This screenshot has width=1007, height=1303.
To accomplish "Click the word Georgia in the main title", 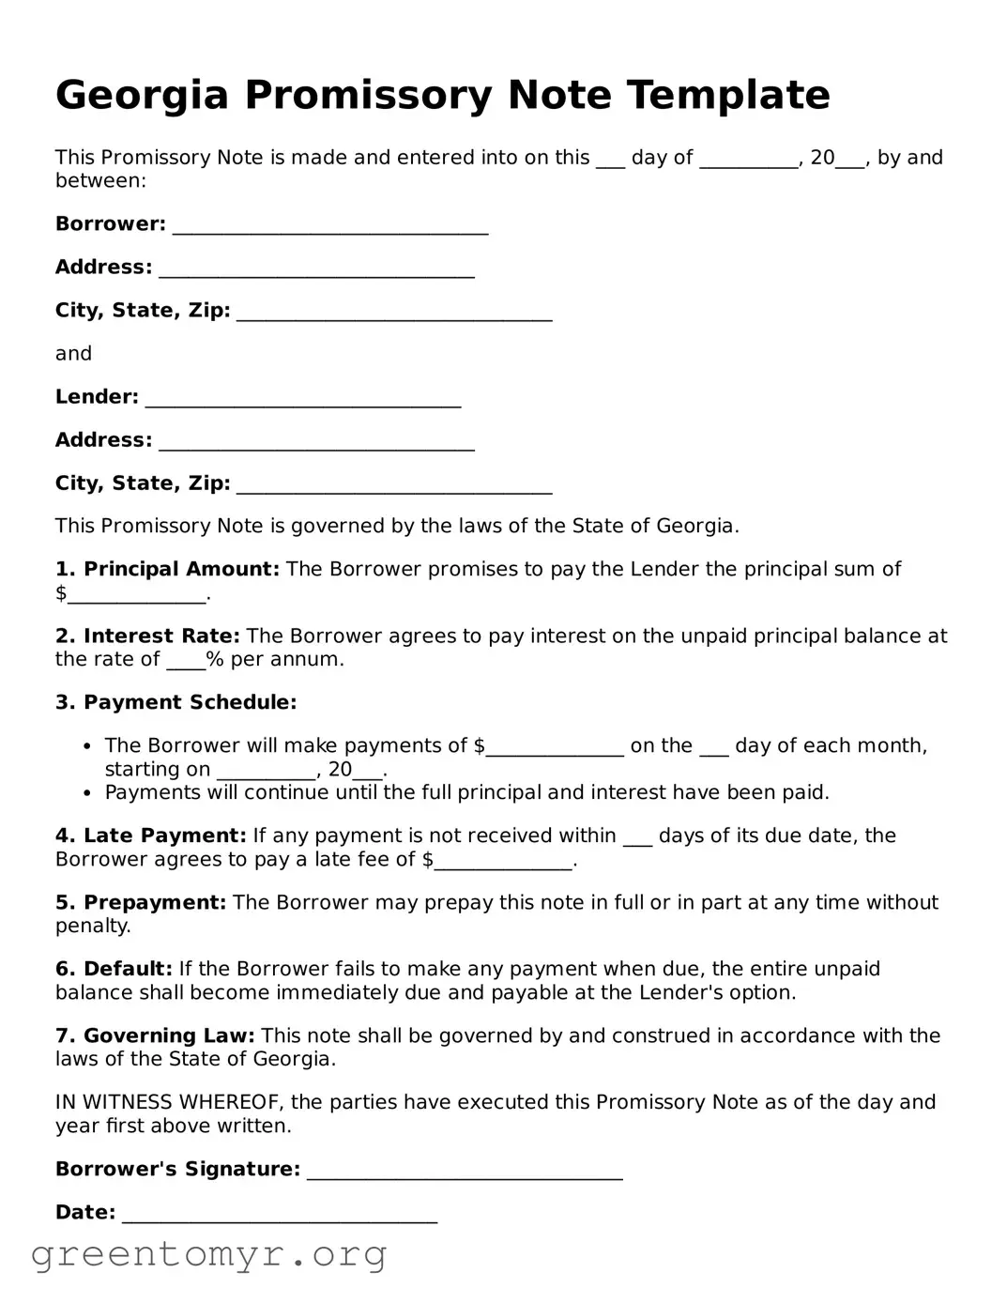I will click(x=142, y=96).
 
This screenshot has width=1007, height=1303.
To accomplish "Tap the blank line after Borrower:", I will click(x=330, y=226).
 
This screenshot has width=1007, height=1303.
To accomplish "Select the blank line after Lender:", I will click(x=303, y=399).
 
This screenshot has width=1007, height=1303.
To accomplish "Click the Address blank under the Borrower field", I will click(x=316, y=269).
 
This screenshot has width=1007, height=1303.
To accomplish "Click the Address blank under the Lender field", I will click(x=316, y=442).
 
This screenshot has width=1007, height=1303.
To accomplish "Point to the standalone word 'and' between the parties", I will click(x=73, y=354).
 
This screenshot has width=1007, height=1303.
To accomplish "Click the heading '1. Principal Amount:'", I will click(x=167, y=570).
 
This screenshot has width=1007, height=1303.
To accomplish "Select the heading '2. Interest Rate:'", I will click(x=147, y=636).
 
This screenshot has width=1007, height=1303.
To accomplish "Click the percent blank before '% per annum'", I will click(x=186, y=662).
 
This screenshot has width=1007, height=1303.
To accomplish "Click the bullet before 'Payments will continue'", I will click(x=87, y=793).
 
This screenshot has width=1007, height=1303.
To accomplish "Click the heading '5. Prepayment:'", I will click(x=141, y=903).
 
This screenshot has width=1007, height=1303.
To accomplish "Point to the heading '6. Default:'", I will click(x=114, y=970).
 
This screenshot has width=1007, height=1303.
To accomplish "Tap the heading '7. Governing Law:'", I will click(x=155, y=1036).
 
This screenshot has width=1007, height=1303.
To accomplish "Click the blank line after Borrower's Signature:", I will click(x=465, y=1172).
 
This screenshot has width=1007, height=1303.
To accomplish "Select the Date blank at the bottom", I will click(x=280, y=1215).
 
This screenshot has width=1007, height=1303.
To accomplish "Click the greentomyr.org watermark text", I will click(x=209, y=1254).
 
